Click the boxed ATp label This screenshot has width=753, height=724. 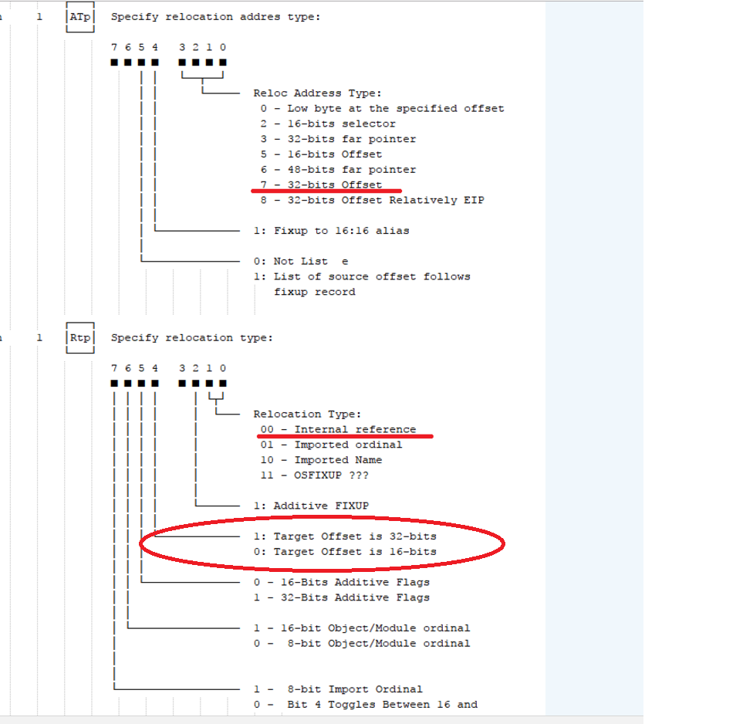[79, 16]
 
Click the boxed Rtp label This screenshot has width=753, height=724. [79, 338]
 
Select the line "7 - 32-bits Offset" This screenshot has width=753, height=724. [321, 185]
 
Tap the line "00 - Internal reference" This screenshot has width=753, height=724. [338, 430]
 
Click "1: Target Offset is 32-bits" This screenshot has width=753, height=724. [345, 536]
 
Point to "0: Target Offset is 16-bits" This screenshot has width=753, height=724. [345, 552]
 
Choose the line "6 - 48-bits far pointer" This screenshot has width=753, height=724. [338, 170]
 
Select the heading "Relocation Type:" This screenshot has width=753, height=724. [307, 414]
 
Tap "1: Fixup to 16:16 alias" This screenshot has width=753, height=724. [331, 231]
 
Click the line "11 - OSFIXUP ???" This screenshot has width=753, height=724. [314, 475]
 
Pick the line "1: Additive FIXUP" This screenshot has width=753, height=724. [311, 506]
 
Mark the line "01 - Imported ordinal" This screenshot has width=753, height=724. [331, 445]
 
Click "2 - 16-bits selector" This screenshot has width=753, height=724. [328, 124]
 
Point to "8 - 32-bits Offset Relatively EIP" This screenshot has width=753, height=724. [372, 201]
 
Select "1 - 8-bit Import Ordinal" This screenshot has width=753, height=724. [338, 689]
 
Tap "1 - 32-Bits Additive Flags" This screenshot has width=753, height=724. [341, 597]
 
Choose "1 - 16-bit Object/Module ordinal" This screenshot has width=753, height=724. [361, 628]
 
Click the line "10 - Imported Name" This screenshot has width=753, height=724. [321, 460]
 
